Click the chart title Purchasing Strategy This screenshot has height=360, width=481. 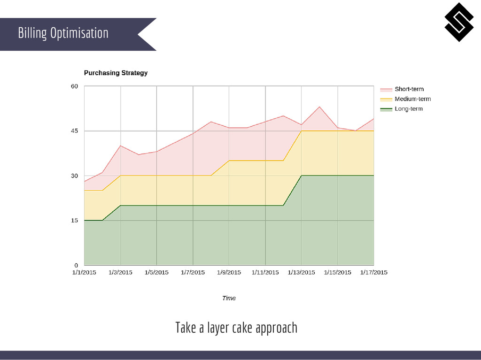click(x=116, y=73)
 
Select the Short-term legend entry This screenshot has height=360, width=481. click(x=409, y=89)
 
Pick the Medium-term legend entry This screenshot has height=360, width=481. click(x=412, y=99)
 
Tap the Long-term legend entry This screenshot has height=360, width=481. click(x=408, y=109)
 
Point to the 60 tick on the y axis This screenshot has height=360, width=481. click(x=74, y=86)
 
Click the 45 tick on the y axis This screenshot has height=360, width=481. click(x=74, y=131)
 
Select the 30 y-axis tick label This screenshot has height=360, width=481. click(x=74, y=176)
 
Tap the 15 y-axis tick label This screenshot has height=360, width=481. click(x=74, y=220)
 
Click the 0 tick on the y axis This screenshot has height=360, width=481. click(x=76, y=265)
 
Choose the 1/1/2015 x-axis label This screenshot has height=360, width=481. click(x=84, y=272)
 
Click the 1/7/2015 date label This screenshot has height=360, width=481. click(x=193, y=272)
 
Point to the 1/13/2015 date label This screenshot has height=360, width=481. click(x=301, y=272)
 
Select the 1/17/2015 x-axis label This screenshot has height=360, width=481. click(x=373, y=272)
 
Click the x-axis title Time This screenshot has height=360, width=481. click(x=229, y=298)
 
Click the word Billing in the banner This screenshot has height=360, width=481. click(x=32, y=33)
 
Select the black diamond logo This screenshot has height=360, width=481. click(x=459, y=22)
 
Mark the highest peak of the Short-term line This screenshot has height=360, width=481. click(x=319, y=107)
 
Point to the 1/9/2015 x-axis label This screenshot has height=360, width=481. click(x=229, y=272)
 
